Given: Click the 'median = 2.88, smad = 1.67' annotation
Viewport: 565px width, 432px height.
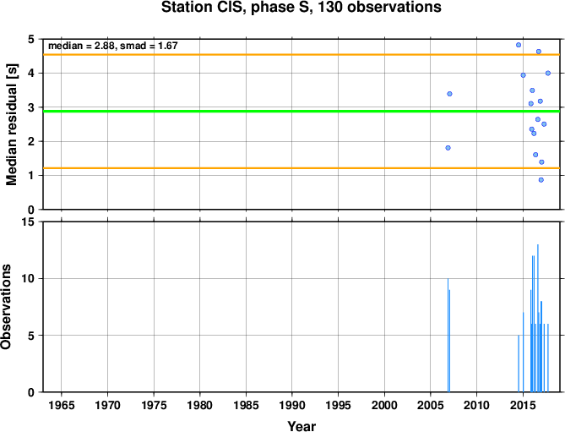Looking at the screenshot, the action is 113,46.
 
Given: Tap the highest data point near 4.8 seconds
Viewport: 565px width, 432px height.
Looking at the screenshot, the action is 519,45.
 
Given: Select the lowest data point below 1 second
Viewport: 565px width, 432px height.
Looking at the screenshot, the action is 541,180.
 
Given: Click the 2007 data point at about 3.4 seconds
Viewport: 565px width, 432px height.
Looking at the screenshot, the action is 449,94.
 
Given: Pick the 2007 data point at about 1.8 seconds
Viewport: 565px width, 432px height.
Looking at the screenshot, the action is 448,148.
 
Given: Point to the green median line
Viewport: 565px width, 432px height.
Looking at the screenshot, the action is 302,111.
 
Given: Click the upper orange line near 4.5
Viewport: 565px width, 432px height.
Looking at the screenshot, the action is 302,55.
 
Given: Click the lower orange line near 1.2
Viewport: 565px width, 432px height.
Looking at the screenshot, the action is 302,168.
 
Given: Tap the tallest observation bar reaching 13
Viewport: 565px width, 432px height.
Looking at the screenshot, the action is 538,318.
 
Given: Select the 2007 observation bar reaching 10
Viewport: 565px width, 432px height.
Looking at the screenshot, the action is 448,335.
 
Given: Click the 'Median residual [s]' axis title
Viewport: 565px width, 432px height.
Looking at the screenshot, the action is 12,124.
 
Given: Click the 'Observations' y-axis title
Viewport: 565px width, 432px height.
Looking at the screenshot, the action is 6,307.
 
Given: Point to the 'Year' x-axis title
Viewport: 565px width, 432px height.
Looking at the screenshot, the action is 302,426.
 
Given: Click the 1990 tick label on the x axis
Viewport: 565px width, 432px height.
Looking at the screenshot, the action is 292,405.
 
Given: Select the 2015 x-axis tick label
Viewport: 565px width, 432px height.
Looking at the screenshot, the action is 523,405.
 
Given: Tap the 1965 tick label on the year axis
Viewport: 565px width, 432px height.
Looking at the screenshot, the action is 62,405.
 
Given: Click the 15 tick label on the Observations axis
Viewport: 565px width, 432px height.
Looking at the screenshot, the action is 30,222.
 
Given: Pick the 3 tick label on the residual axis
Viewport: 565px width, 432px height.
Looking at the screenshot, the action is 32,107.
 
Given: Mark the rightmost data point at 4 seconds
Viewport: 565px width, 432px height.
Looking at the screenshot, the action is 548,74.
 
